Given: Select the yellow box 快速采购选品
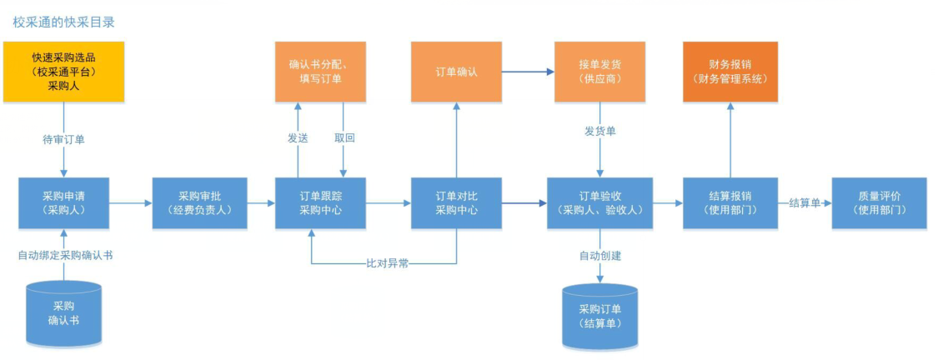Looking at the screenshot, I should pyautogui.click(x=64, y=72).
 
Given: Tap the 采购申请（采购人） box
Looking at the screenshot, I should pyautogui.click(x=64, y=202).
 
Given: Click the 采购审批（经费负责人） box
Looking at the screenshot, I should pyautogui.click(x=199, y=202).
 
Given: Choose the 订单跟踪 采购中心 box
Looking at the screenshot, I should pyautogui.click(x=320, y=202).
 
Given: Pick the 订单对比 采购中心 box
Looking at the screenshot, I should pyautogui.click(x=456, y=202).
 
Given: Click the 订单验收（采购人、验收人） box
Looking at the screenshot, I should pyautogui.click(x=599, y=202).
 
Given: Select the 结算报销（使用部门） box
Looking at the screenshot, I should pyautogui.click(x=730, y=202).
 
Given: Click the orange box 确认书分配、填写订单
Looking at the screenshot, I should pyautogui.click(x=320, y=72).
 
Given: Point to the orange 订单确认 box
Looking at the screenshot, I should pyautogui.click(x=456, y=72).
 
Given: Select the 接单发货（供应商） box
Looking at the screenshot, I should pyautogui.click(x=599, y=72).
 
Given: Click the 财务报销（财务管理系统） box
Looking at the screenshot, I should pyautogui.click(x=730, y=72).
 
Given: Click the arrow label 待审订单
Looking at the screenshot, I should pyautogui.click(x=64, y=139).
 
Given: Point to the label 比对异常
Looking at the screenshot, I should pyautogui.click(x=387, y=263).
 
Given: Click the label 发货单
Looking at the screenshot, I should pyautogui.click(x=599, y=132).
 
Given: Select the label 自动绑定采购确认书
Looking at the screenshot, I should pyautogui.click(x=65, y=255).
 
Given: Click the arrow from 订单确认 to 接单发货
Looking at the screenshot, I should pyautogui.click(x=528, y=72).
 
